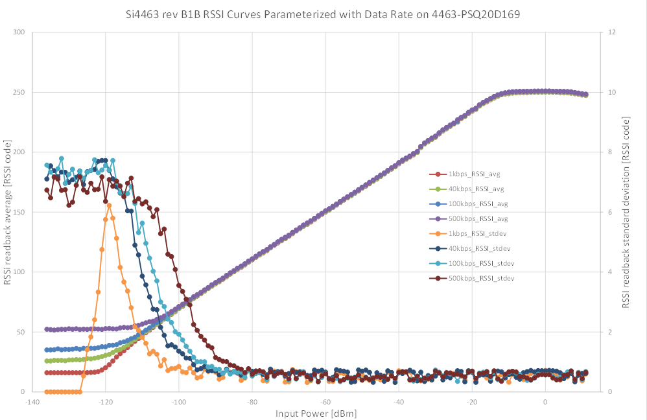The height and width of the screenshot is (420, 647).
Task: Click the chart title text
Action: point(323,14)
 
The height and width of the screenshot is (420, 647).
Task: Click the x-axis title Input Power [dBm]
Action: point(316,414)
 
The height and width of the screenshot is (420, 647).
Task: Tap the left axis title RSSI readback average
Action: point(7,212)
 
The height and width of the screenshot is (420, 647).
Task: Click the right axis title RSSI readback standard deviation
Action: point(626,213)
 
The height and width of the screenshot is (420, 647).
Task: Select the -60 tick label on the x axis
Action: point(325,402)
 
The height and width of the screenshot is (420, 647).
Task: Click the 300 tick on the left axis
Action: point(19,32)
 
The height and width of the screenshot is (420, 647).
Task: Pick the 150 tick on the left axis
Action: point(19,212)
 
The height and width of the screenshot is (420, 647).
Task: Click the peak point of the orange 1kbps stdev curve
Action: point(109,205)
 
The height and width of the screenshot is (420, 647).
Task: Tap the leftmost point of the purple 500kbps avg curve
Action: point(47,329)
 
